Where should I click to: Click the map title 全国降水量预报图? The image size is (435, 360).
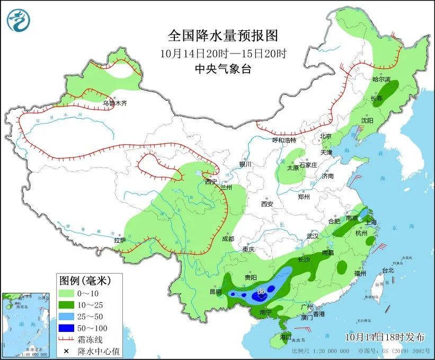click(223, 36)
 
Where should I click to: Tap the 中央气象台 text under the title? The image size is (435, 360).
click(223, 68)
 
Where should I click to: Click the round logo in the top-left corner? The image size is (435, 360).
click(19, 20)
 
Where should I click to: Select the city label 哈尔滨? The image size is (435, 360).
click(381, 80)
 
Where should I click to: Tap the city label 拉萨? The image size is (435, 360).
click(119, 240)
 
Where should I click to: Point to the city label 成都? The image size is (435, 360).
click(228, 239)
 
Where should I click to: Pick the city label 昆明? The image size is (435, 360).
click(216, 292)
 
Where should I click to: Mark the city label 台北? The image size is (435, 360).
click(387, 270)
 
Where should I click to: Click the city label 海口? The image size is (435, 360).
click(286, 337)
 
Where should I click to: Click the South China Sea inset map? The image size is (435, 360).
click(27, 324)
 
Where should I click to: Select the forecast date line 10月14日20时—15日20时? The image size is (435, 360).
click(223, 53)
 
